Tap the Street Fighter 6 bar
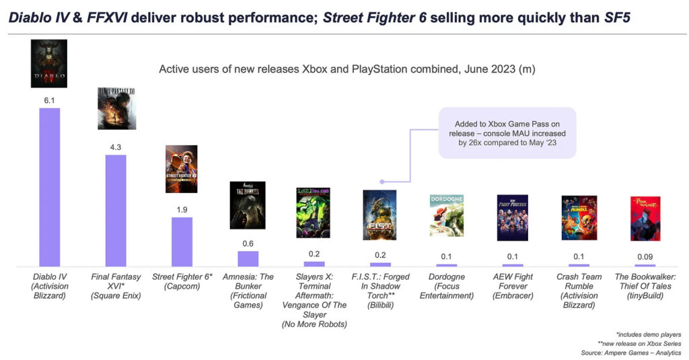point(182,242)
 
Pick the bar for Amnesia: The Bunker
point(248,259)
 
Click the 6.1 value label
point(49,100)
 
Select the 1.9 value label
point(182,209)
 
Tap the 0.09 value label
point(645,256)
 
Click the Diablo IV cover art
point(49,63)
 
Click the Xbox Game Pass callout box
point(507,133)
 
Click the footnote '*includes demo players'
point(648,334)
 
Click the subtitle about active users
point(347,69)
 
